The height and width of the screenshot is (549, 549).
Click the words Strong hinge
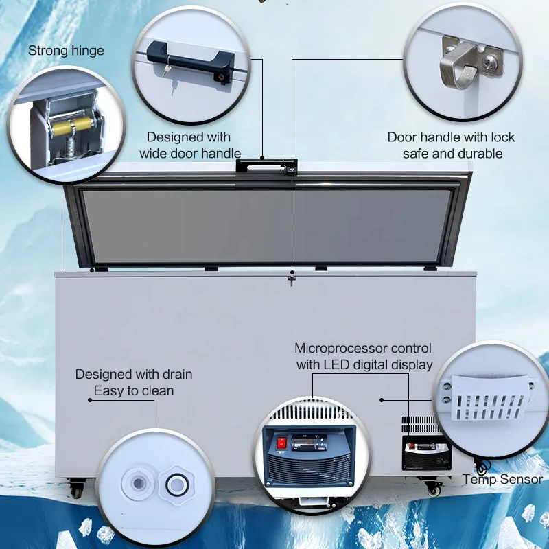[x=66, y=51]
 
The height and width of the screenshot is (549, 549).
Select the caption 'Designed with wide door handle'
[x=189, y=145]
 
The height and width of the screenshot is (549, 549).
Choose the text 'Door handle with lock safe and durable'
[x=451, y=145]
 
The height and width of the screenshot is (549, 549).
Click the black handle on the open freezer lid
[x=262, y=165]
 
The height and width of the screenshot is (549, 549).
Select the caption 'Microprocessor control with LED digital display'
[x=364, y=357]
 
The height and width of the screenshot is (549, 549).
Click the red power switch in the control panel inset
[x=281, y=443]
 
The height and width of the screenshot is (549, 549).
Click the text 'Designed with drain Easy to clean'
[x=134, y=382]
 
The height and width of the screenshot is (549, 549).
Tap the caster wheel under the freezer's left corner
[x=76, y=489]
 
